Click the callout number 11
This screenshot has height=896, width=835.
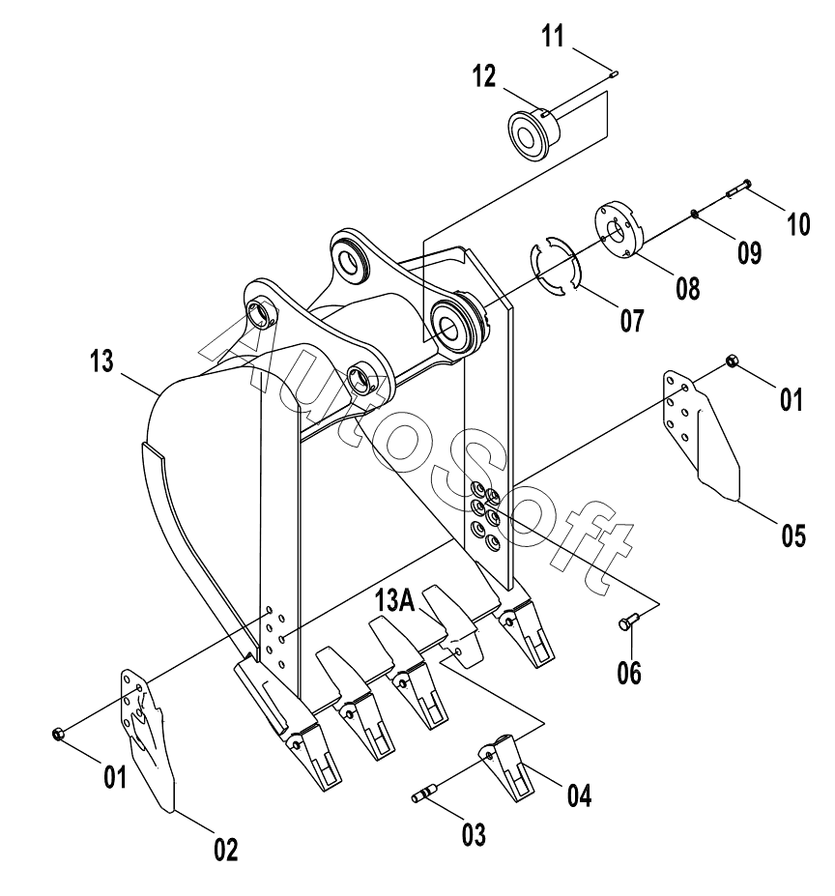(553, 36)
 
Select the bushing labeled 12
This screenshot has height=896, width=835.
(533, 132)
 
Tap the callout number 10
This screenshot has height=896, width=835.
(799, 224)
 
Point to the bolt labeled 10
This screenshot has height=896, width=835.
(737, 188)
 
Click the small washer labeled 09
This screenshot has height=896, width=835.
(693, 214)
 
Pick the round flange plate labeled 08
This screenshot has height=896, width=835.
(619, 230)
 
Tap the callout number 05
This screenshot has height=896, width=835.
(793, 535)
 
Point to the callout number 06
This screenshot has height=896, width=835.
(629, 672)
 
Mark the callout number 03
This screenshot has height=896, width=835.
(474, 834)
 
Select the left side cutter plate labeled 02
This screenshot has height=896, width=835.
(148, 740)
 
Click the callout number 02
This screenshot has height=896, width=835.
(226, 851)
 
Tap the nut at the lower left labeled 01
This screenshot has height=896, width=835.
(57, 734)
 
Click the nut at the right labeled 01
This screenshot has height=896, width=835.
(733, 361)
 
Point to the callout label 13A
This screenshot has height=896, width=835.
(395, 601)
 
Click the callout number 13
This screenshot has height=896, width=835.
(101, 361)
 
